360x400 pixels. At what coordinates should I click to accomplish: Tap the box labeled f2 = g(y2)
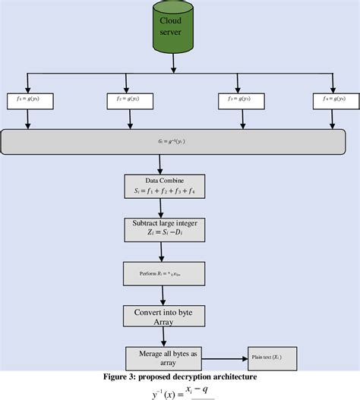point(125,99)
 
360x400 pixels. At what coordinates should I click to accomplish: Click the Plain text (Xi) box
point(270,357)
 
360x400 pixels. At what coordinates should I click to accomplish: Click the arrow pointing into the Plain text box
point(228,357)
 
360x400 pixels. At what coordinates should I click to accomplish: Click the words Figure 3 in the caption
point(123,376)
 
